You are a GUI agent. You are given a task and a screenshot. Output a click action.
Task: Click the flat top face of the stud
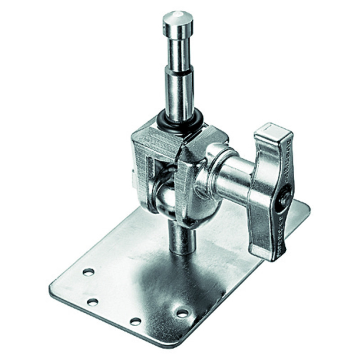pyautogui.click(x=178, y=17)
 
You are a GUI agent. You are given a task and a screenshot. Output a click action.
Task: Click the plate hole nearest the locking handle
pyautogui.click(x=183, y=312)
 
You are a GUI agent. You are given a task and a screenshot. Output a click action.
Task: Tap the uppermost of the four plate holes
pyautogui.click(x=89, y=272)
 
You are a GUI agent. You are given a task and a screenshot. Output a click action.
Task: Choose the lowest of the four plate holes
pyautogui.click(x=135, y=321)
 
